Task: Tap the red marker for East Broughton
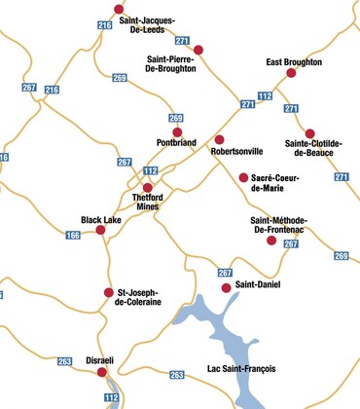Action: click(291, 73)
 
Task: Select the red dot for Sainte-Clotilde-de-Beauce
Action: click(310, 134)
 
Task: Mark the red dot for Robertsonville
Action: click(219, 139)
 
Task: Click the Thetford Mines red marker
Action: click(148, 188)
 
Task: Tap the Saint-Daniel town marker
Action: click(227, 287)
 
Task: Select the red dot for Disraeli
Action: click(103, 371)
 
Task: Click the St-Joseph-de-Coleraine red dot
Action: click(109, 292)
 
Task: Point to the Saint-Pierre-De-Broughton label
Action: click(171, 64)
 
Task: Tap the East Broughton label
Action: click(294, 60)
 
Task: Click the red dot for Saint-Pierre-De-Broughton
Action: click(198, 50)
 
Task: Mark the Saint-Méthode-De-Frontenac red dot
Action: click(272, 240)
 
